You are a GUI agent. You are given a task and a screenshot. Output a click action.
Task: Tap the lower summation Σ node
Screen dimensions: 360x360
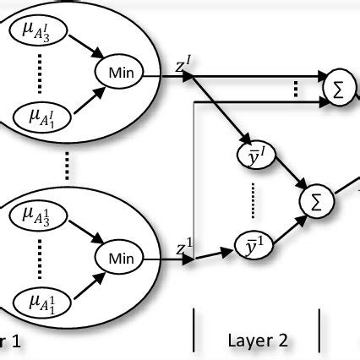point(315,202)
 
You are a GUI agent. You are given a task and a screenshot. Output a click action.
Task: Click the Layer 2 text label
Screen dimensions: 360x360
point(258,341)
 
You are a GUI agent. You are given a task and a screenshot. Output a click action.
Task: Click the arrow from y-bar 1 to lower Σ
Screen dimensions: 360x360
point(290,223)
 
